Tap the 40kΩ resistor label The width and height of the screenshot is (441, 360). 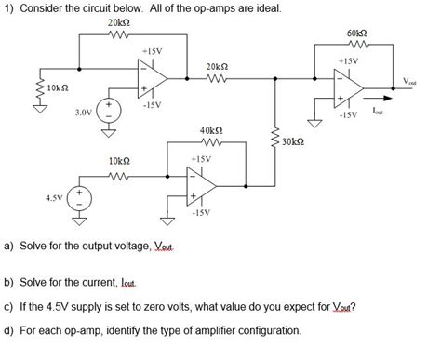point(210,132)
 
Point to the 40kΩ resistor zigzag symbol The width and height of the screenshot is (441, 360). point(210,145)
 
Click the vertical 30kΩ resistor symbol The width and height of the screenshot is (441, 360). point(275,141)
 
